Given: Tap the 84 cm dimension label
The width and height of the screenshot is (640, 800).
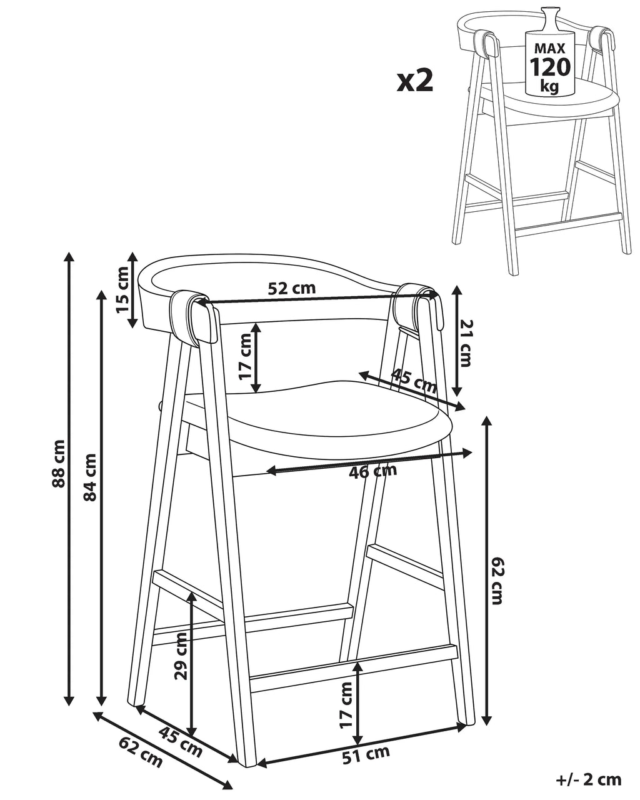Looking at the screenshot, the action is pos(90,477).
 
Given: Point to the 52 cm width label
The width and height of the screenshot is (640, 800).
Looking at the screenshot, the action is pos(291,288).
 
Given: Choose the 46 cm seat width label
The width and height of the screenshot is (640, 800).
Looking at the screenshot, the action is pos(373,471).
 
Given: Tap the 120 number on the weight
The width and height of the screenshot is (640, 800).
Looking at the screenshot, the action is pos(549,67).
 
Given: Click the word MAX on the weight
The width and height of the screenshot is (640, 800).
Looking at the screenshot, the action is pos(549,48).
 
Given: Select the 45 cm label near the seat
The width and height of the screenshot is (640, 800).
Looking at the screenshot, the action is pos(414,380).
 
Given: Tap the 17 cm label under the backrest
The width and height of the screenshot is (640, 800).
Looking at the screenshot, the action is pos(246,356).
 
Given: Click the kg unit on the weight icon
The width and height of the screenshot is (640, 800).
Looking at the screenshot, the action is pos(549,86).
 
